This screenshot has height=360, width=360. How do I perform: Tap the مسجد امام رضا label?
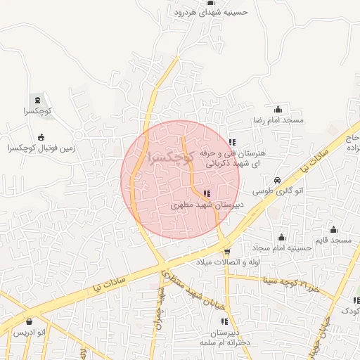pyautogui.click(x=278, y=121)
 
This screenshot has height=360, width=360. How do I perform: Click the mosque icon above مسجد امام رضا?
pyautogui.click(x=278, y=109)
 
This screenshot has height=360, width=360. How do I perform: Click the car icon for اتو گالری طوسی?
pyautogui.click(x=278, y=179)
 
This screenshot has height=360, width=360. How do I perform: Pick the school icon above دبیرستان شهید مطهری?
pyautogui.click(x=206, y=193)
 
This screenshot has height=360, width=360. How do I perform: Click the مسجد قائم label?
pyautogui.click(x=333, y=241)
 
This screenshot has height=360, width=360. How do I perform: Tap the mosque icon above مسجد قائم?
pyautogui.click(x=333, y=229)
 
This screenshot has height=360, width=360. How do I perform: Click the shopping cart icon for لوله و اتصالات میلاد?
pyautogui.click(x=226, y=251)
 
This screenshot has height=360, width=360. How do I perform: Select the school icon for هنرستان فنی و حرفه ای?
pyautogui.click(x=233, y=143)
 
